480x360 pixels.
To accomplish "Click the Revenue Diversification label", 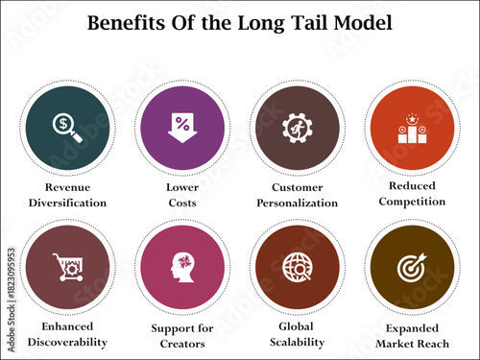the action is (x=67, y=195).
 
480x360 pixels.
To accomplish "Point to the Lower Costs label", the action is (x=182, y=195).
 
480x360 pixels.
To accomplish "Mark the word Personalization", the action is (x=298, y=203).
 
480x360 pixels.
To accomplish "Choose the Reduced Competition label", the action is (x=410, y=194).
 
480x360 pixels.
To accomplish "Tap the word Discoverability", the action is (x=67, y=342).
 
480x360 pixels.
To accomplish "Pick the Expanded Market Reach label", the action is (x=410, y=335).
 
